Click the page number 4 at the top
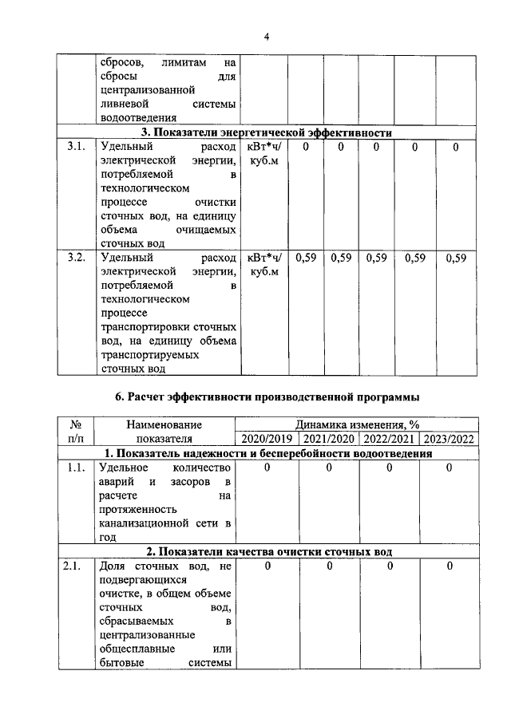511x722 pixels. (x=267, y=35)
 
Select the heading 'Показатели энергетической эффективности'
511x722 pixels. (x=267, y=133)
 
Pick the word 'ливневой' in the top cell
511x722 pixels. (x=121, y=104)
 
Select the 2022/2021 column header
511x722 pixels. (x=389, y=439)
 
